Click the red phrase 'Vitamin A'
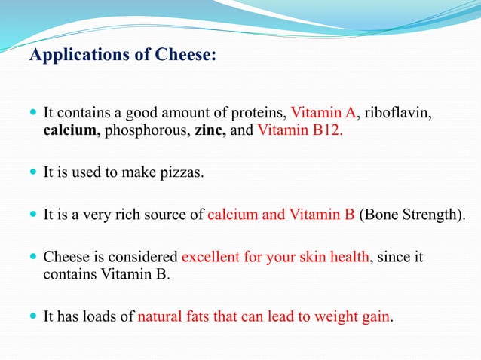point(323,114)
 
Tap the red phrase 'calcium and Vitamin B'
point(280,215)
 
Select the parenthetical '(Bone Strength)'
point(412,215)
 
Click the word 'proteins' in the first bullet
point(262,114)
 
